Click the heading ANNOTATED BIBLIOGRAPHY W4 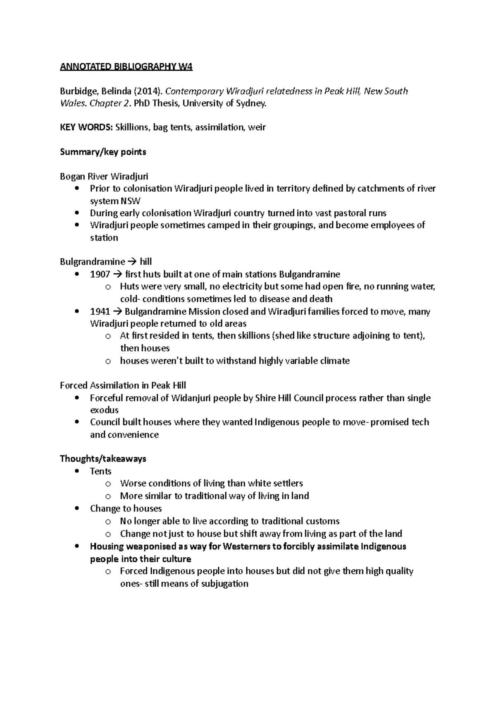[x=126, y=67]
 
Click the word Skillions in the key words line [x=132, y=127]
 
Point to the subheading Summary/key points [x=103, y=152]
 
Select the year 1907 [x=100, y=274]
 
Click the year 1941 [x=100, y=311]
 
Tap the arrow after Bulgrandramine [x=132, y=262]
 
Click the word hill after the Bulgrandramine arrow [x=146, y=262]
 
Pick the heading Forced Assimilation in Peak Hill [x=123, y=385]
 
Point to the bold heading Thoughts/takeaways [x=103, y=458]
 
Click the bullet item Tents [x=100, y=471]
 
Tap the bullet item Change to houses [x=126, y=509]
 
